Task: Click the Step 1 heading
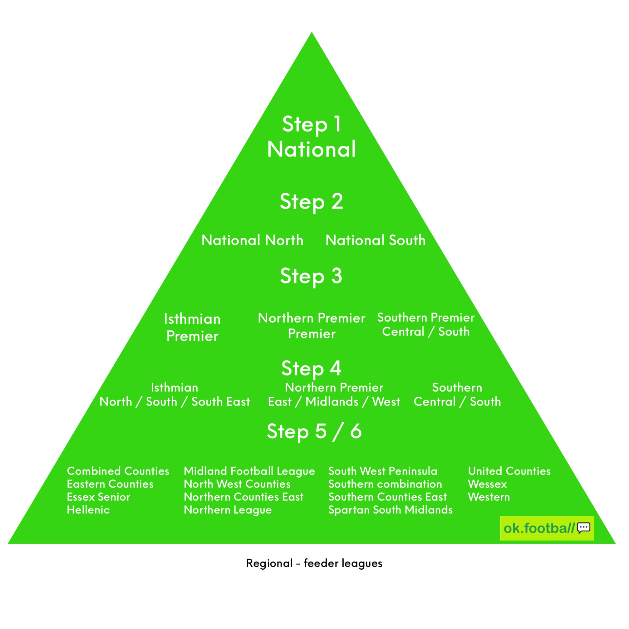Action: [x=312, y=124]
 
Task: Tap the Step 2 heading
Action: [x=311, y=201]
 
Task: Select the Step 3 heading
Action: [x=311, y=276]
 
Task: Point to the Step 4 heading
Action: [x=311, y=368]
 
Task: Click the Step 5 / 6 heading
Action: [x=314, y=431]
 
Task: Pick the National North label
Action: [x=252, y=240]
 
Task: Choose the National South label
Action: [x=375, y=240]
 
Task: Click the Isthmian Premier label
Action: [x=192, y=327]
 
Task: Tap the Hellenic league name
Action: [x=88, y=510]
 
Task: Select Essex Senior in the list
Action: [x=98, y=497]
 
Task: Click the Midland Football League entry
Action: [x=249, y=471]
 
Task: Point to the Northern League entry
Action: [x=228, y=510]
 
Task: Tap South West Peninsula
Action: [x=383, y=471]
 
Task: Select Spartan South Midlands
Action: [x=390, y=510]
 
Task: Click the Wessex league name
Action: [x=487, y=484]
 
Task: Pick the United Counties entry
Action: [x=509, y=471]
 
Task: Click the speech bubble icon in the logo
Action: [x=583, y=528]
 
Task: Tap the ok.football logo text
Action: [x=539, y=528]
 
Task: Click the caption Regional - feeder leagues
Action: [x=314, y=563]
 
